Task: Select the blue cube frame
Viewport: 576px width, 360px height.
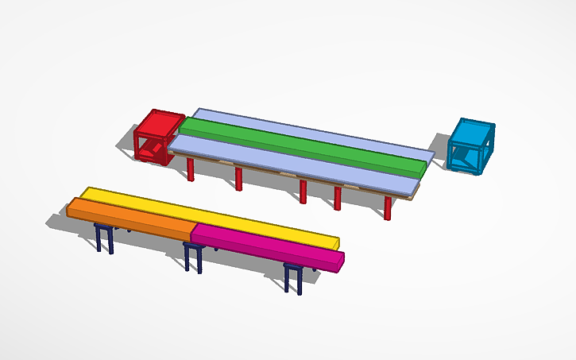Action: pyautogui.click(x=470, y=146)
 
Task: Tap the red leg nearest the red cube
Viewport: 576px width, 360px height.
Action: pyautogui.click(x=191, y=169)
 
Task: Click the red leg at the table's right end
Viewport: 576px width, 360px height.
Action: pyautogui.click(x=388, y=207)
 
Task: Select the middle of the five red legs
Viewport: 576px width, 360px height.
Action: pyautogui.click(x=303, y=192)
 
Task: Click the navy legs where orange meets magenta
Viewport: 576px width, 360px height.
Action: pyautogui.click(x=192, y=257)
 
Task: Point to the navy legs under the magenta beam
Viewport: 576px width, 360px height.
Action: pyautogui.click(x=293, y=279)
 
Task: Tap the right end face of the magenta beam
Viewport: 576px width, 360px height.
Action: pyautogui.click(x=339, y=263)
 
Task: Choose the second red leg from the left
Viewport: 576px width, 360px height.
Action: pyautogui.click(x=238, y=179)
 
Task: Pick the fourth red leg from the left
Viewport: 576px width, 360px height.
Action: pyautogui.click(x=338, y=198)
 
